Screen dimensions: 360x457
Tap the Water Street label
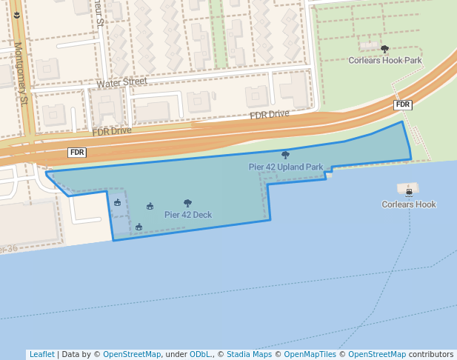(x=122, y=83)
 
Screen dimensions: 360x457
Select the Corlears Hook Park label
(x=385, y=60)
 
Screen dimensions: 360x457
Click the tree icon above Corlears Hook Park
(x=384, y=49)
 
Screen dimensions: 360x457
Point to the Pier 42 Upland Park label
(x=285, y=167)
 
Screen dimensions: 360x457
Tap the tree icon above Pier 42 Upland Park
(x=285, y=156)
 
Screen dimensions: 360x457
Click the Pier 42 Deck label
(x=188, y=215)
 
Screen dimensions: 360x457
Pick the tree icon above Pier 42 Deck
(x=187, y=203)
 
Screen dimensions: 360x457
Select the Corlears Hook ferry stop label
(x=409, y=204)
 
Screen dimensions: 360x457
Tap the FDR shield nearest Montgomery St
(x=77, y=153)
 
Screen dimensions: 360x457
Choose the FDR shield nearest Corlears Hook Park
(x=402, y=105)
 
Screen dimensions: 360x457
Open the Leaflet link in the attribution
(x=41, y=354)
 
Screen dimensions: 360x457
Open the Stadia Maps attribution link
(x=249, y=354)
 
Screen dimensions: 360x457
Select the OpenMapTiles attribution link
(x=310, y=354)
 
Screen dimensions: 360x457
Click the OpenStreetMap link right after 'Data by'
(x=132, y=354)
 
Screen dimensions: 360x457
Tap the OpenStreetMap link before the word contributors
(x=377, y=354)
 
